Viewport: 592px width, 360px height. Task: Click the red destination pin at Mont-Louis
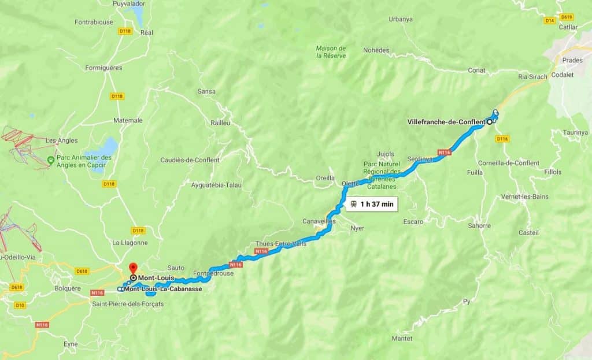pos(132,268)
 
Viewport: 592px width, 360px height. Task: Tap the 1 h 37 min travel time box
pos(372,204)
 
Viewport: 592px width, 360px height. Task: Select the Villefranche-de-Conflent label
pos(446,122)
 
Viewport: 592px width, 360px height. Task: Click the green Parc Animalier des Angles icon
pos(51,159)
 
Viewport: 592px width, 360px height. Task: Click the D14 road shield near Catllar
pos(550,20)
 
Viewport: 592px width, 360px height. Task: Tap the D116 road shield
pos(502,139)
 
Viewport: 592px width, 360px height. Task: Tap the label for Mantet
pos(402,338)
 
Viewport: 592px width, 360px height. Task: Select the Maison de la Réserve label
pos(331,51)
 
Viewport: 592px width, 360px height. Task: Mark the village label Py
pos(467,302)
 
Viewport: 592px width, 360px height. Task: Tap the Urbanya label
pos(401,19)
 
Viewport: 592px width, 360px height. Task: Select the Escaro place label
pos(413,221)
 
